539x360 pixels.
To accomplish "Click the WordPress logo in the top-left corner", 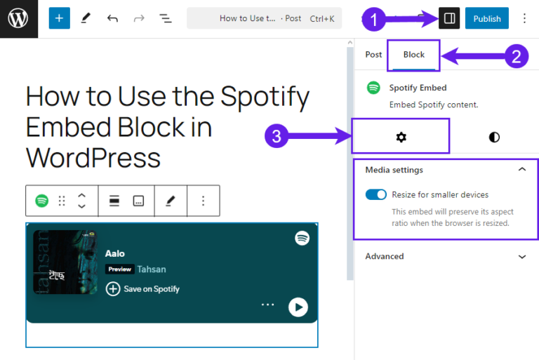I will [18, 18].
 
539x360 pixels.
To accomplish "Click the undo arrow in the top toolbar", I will [112, 19].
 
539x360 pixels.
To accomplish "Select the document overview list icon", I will [165, 19].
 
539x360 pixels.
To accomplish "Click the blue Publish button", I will [486, 19].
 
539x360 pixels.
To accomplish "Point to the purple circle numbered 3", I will [277, 136].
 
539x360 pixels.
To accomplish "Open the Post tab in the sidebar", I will [373, 55].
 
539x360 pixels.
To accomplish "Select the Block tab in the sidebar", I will [414, 55].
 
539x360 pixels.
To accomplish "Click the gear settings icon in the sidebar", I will [401, 137].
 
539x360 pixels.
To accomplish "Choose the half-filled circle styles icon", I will [494, 137].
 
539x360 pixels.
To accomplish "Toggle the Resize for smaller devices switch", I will [376, 194].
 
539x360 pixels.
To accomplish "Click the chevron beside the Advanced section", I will [521, 257].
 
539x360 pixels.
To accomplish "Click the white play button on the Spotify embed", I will [298, 307].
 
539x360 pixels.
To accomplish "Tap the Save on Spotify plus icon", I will [113, 288].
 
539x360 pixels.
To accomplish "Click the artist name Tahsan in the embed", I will [152, 269].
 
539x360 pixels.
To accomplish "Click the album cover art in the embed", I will [65, 262].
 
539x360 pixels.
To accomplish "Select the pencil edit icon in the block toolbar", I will [170, 201].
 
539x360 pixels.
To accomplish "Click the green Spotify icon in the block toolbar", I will [42, 201].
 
